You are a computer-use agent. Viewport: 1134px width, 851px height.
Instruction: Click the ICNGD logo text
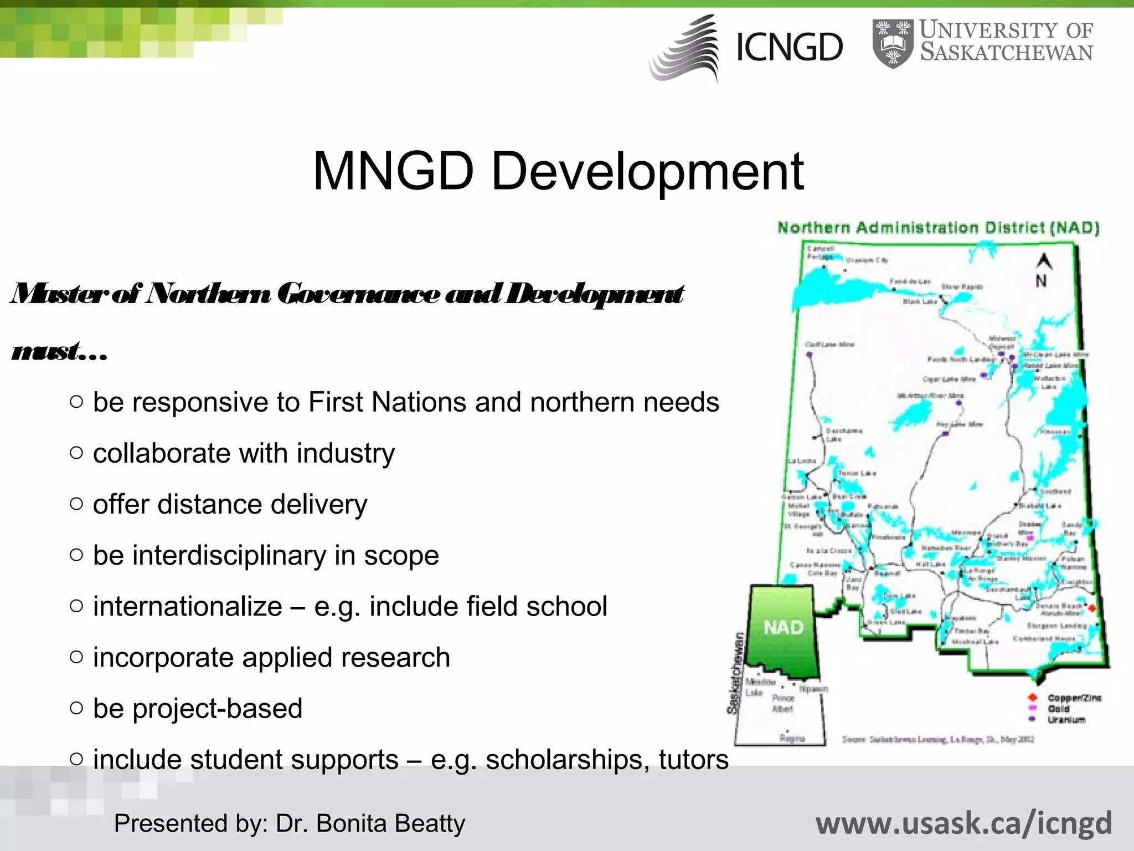789,48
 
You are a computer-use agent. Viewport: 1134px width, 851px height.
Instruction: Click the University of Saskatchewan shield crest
893,44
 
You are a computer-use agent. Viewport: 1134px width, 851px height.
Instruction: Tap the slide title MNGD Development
558,172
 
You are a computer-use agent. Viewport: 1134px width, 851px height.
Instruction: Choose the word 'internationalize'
187,607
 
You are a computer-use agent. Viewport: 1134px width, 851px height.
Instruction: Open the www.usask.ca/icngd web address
963,823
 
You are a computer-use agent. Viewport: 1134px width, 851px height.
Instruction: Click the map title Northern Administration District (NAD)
939,228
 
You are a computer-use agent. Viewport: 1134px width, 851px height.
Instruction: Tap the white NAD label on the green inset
784,627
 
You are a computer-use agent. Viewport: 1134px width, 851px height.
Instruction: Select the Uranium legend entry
1066,720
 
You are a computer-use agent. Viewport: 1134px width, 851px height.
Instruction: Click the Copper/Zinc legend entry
1074,698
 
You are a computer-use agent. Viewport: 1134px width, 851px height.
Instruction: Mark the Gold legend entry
1058,709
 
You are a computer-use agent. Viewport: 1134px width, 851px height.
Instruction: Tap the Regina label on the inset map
792,738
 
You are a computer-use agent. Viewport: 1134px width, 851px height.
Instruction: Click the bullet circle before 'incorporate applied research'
77,657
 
